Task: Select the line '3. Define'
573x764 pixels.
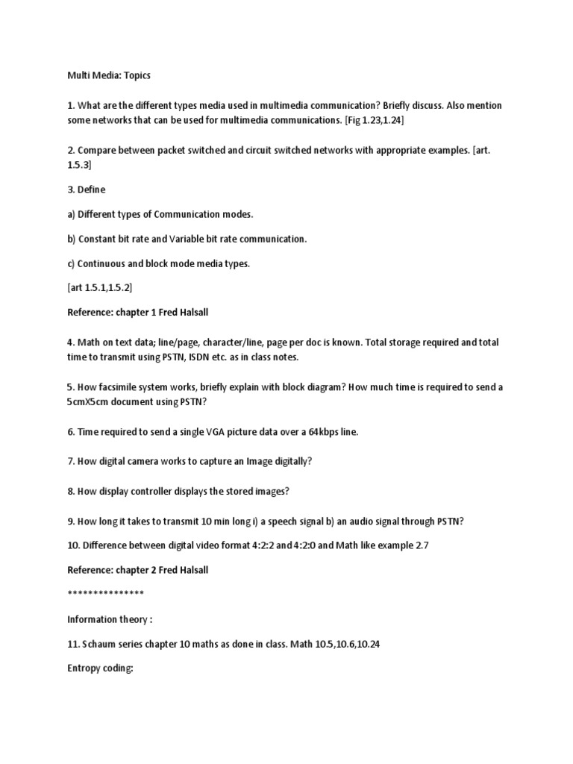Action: [87, 190]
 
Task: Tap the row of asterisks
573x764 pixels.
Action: [105, 594]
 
